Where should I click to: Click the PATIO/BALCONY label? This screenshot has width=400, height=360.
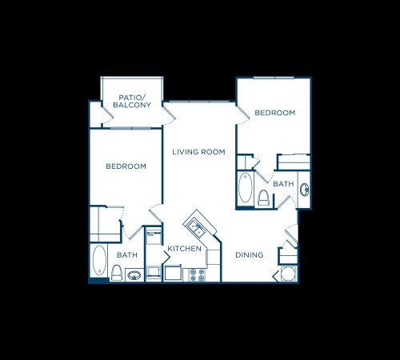coord(132,102)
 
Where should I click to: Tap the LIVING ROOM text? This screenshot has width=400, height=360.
coord(198,152)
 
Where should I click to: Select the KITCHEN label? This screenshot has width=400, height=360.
coord(184,249)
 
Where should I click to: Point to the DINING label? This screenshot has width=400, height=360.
coord(250,255)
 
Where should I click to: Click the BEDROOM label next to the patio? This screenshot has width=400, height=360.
coord(126,166)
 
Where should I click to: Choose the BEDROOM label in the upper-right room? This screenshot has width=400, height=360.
coord(275,113)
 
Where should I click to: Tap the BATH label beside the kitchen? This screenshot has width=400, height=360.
coord(127,255)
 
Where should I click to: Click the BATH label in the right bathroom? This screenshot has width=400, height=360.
coord(283,184)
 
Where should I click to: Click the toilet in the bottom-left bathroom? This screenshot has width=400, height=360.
coord(117,273)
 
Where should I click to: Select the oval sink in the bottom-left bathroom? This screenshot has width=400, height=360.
coord(134,275)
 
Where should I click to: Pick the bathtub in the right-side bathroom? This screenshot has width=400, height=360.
coord(246,188)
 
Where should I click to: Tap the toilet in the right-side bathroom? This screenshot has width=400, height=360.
coord(264,198)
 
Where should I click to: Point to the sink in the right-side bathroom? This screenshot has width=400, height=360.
coord(304,190)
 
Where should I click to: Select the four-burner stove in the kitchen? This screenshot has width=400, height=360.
coord(197,275)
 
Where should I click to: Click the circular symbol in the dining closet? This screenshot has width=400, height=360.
coord(288,274)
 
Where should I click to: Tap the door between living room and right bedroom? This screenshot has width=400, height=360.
coord(243,115)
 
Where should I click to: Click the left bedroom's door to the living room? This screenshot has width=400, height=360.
coord(155,214)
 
